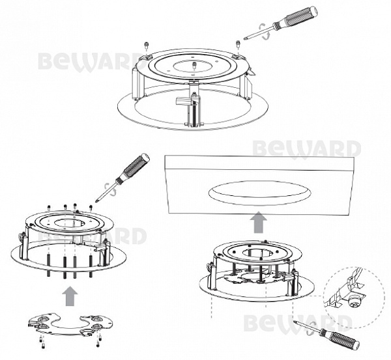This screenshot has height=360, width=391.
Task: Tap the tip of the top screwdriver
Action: pos(244,38)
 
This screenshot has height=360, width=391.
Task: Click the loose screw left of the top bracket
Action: pos(146,45)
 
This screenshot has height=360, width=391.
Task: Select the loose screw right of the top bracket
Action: pos(238,44)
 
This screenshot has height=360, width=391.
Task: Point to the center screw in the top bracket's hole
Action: pos(194,66)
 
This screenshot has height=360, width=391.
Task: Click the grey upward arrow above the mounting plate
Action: pos(70,296)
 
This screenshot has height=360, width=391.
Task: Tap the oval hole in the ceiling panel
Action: pos(260,193)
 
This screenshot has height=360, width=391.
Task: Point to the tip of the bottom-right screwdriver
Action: pos(295,322)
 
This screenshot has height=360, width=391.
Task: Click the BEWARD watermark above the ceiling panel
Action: pos(307,149)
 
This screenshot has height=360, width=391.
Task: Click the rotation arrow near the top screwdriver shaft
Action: pos(265,31)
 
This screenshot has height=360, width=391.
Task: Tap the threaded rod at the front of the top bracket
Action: pos(194,109)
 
